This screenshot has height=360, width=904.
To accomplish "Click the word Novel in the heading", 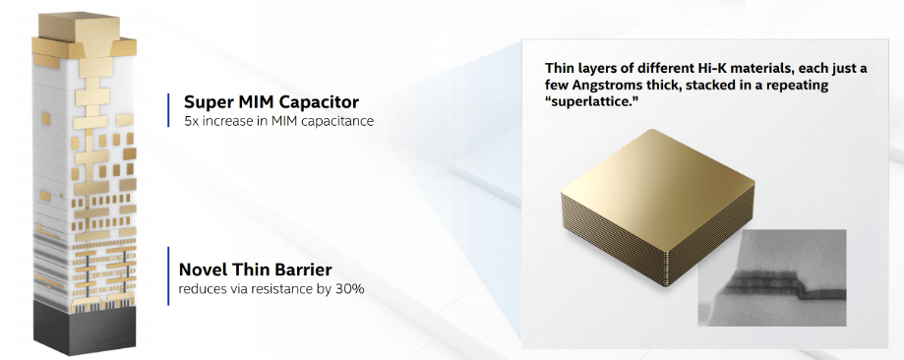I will click(x=205, y=269).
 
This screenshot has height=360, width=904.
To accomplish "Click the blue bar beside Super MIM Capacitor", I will click(x=169, y=110).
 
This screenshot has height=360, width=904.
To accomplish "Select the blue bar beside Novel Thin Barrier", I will click(x=169, y=277).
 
